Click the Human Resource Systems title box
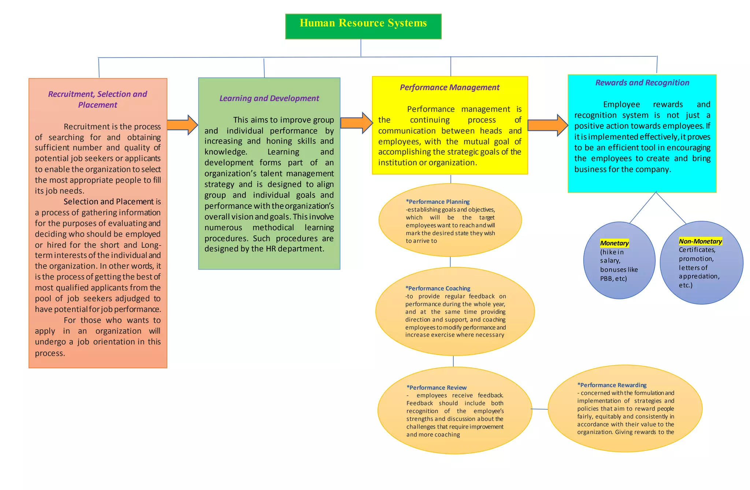(x=363, y=26)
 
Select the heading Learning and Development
(x=269, y=98)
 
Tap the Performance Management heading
(x=449, y=87)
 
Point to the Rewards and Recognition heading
(x=642, y=83)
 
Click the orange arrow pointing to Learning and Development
(x=182, y=125)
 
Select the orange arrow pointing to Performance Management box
(x=356, y=123)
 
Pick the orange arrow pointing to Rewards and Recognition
(x=547, y=125)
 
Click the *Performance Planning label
(x=437, y=202)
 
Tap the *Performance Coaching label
(x=438, y=288)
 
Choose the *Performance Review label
(x=436, y=388)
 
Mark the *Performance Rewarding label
(x=612, y=385)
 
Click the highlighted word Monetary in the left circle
(x=614, y=243)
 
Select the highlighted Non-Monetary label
(x=700, y=242)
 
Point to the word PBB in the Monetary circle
(x=606, y=279)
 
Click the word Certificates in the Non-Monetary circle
(x=697, y=250)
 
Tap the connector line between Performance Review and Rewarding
(x=539, y=409)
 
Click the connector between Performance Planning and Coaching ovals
(x=450, y=262)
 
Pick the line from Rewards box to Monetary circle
(x=643, y=207)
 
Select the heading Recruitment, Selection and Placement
(x=97, y=99)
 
